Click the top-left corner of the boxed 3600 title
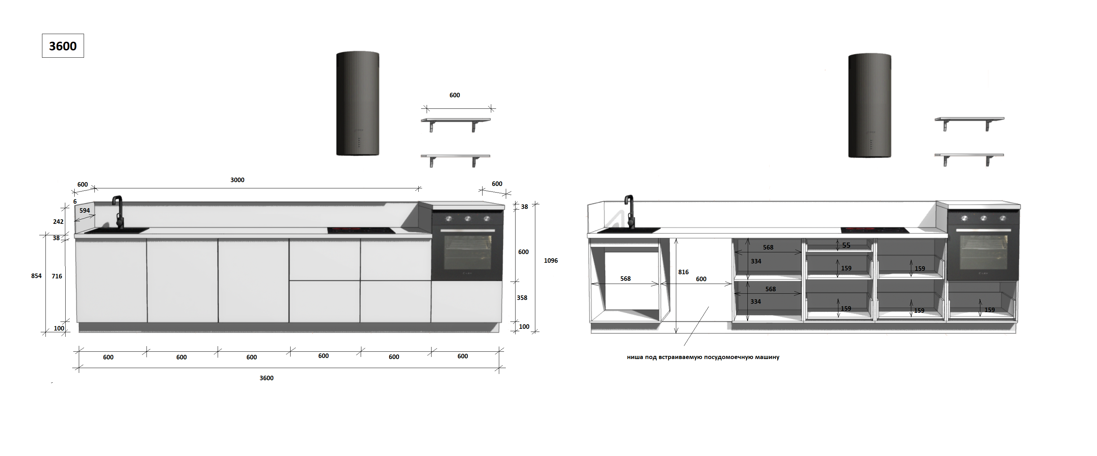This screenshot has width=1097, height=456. pos(42,34)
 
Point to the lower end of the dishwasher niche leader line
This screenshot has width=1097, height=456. pos(684,345)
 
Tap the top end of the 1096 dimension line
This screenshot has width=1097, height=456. pos(535,204)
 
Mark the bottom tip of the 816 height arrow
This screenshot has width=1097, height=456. pos(676,333)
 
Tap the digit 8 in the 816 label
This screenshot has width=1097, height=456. pos(680,272)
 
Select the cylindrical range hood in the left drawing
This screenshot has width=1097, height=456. pos(358,104)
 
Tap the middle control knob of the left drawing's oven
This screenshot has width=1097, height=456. pos(468,219)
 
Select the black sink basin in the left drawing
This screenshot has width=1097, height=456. pos(117,230)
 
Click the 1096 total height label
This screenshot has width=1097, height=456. pos(551,260)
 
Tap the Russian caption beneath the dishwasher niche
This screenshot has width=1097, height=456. pos(703,357)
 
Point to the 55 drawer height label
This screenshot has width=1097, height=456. pos(846,245)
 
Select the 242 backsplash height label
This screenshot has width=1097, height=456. pos(58,222)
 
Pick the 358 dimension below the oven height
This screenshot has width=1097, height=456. pos(522,298)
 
